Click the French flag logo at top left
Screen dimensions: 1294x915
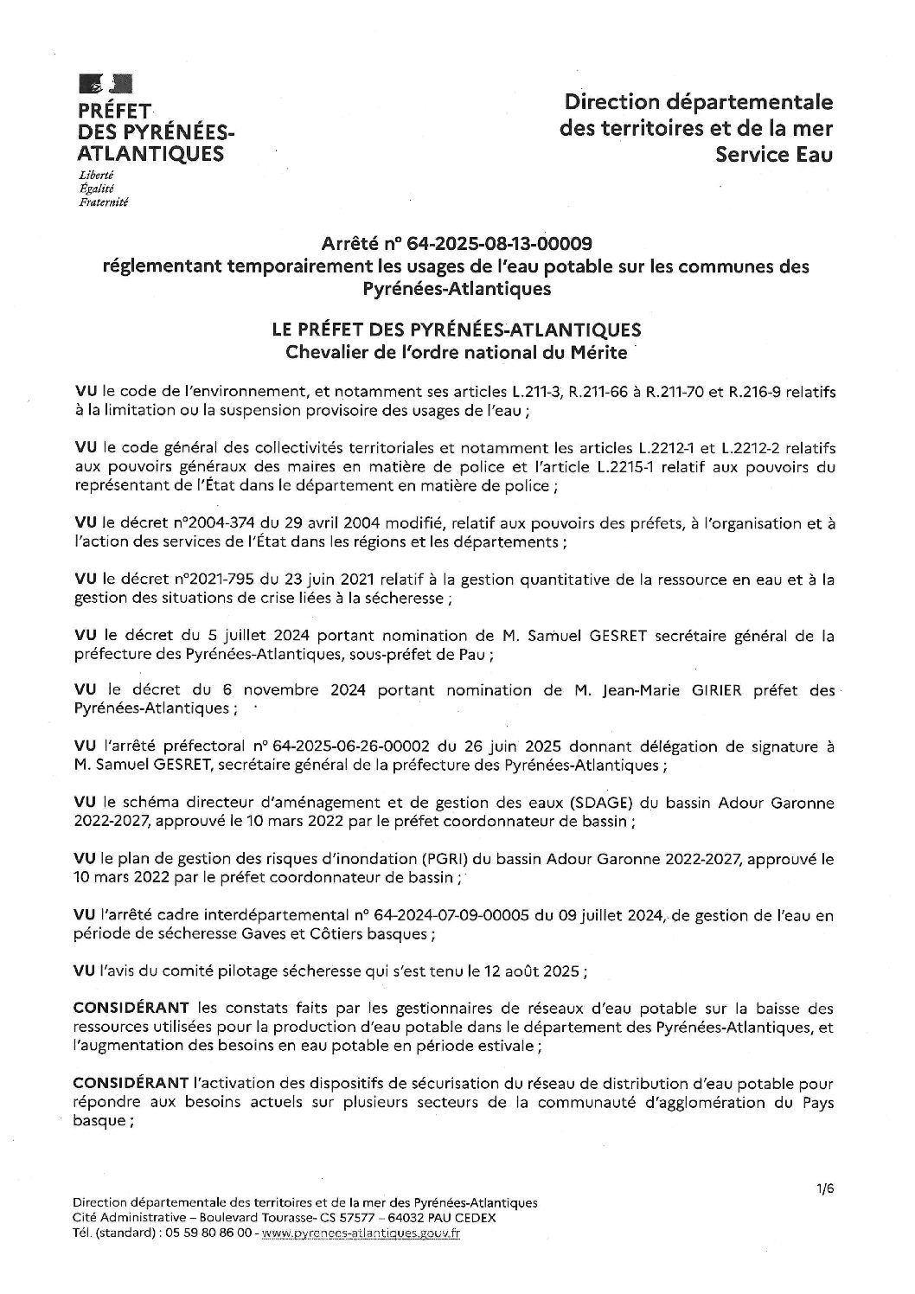[x=105, y=85]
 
